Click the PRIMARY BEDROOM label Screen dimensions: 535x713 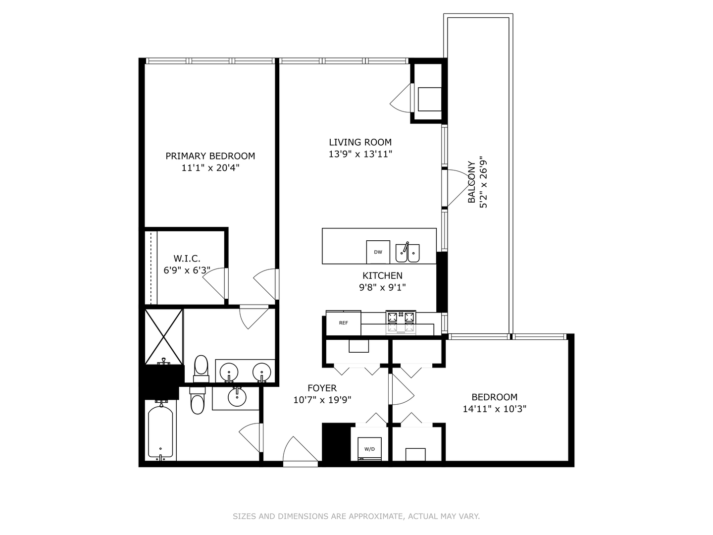tap(210, 156)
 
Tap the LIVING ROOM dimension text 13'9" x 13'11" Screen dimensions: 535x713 tap(360, 154)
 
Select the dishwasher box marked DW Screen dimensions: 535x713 tap(378, 252)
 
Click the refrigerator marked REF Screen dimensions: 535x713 tap(343, 323)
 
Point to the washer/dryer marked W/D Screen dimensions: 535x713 tap(369, 449)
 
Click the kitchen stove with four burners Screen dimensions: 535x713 tap(401, 322)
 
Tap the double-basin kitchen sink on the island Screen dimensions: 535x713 tap(407, 253)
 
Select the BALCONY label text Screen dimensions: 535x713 tap(472, 182)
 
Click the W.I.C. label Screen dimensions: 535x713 tap(187, 259)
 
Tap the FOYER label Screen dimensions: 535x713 tap(322, 388)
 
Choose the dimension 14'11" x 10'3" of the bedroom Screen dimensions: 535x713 tap(494, 409)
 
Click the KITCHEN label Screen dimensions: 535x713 tap(382, 276)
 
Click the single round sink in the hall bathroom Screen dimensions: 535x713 tap(237, 396)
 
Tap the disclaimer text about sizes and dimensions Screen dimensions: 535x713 tap(356, 516)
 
